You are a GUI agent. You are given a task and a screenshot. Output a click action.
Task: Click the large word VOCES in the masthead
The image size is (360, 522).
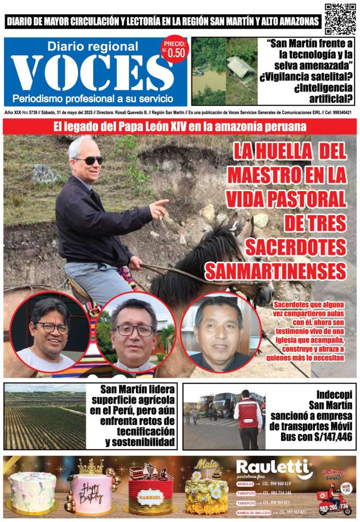pos(92,72)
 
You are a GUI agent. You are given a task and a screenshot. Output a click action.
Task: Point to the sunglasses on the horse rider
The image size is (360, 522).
pos(87,160)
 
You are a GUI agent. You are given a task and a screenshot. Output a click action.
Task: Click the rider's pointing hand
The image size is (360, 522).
pos(159,207)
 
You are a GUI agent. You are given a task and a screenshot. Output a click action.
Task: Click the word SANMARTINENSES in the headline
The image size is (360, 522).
pos(276,272)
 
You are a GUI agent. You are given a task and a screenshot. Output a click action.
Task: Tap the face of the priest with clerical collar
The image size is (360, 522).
pos(133,330)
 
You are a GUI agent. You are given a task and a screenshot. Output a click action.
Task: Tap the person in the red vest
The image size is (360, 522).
pos(247,418)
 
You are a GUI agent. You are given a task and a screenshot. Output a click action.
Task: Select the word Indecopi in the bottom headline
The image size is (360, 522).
pos(333,394)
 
